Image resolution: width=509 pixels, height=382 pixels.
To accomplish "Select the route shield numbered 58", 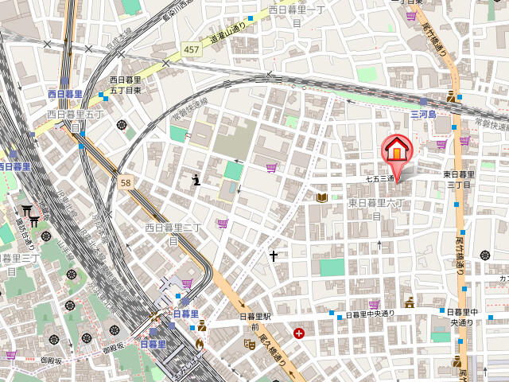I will click(125, 182).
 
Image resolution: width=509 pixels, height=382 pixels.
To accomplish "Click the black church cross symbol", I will click(274, 256).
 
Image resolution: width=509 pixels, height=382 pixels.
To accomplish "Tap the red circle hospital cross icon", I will click(298, 333).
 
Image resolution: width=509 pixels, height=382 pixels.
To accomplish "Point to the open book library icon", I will click(322, 197).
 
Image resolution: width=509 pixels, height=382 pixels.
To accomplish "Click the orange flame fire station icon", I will click(200, 344).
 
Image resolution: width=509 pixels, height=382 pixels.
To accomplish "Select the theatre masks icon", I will click(249, 344).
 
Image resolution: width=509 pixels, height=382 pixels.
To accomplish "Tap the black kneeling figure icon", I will click(196, 181).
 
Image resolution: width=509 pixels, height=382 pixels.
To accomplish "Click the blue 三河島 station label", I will click(424, 115).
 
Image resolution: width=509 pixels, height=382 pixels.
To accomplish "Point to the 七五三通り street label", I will click(381, 180).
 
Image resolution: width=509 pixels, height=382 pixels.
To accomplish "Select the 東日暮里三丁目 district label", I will click(459, 179).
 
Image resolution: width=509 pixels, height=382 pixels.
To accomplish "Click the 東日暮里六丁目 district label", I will click(378, 209).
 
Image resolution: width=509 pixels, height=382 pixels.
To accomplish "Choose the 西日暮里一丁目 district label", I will click(297, 16).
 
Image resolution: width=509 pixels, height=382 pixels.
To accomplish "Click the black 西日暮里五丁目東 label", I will click(125, 85).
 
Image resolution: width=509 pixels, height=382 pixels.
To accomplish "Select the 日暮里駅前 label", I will click(255, 322).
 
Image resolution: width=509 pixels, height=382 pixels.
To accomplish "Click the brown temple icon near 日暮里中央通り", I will click(410, 302).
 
